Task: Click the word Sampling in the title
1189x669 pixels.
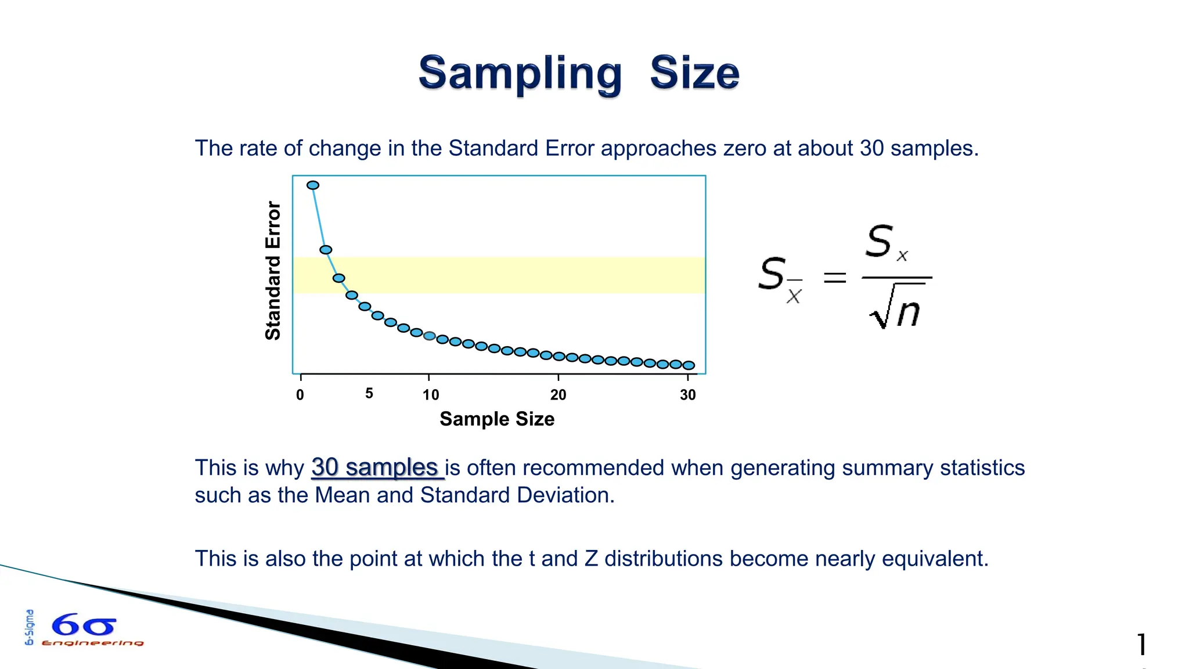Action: [x=520, y=74]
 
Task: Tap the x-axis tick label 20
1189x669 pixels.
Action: [x=558, y=395]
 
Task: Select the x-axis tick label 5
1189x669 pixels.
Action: [x=369, y=394]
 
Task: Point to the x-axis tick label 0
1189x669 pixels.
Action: [x=300, y=395]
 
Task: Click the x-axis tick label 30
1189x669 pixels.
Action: [x=688, y=395]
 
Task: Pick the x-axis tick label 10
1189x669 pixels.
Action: [x=431, y=395]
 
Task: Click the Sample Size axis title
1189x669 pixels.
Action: [x=497, y=419]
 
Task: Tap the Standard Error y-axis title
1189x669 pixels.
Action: [x=273, y=271]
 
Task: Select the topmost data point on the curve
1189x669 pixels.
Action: [x=313, y=185]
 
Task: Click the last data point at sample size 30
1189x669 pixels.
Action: [x=689, y=365]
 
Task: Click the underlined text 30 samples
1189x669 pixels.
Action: [x=374, y=467]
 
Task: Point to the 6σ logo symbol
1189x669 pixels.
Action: [x=84, y=626]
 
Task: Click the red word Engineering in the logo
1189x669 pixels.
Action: [x=93, y=643]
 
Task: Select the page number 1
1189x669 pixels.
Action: [x=1141, y=645]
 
